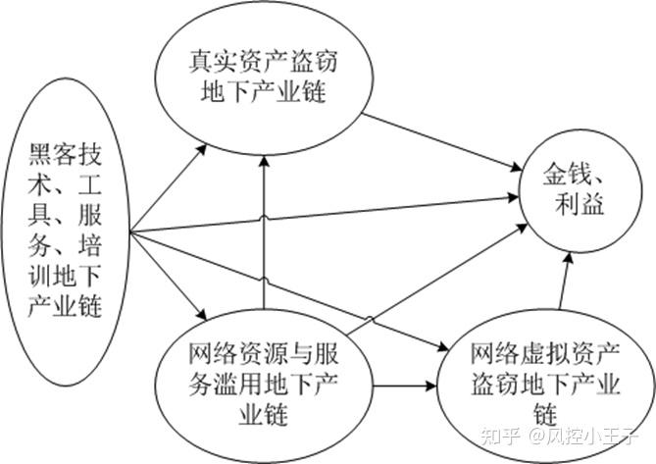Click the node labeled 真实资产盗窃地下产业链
[264, 78]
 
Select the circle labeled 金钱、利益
[580, 190]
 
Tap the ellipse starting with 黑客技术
[66, 232]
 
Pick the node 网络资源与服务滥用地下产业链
[264, 385]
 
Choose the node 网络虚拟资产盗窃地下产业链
[545, 385]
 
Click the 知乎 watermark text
[499, 437]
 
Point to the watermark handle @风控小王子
[582, 437]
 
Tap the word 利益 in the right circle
[580, 204]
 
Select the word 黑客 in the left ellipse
[53, 154]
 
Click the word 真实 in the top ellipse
[214, 62]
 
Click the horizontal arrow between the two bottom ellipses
[405, 386]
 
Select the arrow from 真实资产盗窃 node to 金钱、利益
[442, 142]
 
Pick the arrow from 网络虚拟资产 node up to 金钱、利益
[565, 282]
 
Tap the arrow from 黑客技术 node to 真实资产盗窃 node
[169, 188]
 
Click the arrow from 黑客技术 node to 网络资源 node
[169, 276]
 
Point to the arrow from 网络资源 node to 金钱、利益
[437, 280]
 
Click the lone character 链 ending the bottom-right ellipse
[545, 414]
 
